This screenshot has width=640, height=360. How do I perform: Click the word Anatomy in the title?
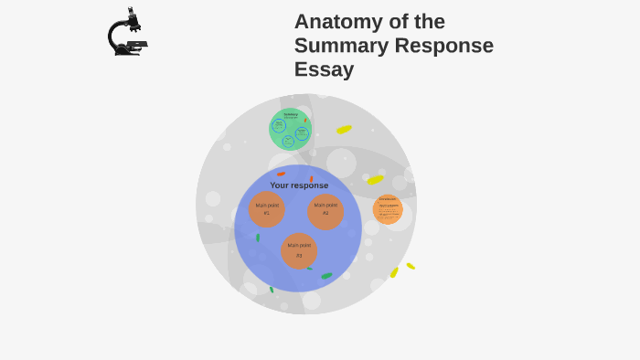pyautogui.click(x=343, y=22)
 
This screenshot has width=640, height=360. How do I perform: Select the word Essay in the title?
pyautogui.click(x=324, y=69)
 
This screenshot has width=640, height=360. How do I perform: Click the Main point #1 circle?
pyautogui.click(x=267, y=209)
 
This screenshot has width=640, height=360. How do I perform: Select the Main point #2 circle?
pyautogui.click(x=325, y=209)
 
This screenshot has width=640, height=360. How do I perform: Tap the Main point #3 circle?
pyautogui.click(x=299, y=250)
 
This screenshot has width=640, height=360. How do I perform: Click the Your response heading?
pyautogui.click(x=299, y=185)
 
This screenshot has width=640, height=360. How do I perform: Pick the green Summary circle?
pyautogui.click(x=291, y=129)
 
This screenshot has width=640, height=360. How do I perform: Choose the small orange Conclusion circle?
pyautogui.click(x=388, y=209)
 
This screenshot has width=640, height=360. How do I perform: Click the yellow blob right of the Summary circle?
pyautogui.click(x=344, y=130)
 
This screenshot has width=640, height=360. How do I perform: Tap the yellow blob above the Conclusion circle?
pyautogui.click(x=375, y=180)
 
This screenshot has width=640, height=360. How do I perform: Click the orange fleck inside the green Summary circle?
pyautogui.click(x=305, y=120)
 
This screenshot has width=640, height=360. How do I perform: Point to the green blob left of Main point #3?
pyautogui.click(x=258, y=238)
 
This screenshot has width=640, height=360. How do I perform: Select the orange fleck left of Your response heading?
pyautogui.click(x=281, y=174)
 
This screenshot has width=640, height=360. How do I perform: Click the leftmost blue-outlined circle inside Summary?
pyautogui.click(x=279, y=126)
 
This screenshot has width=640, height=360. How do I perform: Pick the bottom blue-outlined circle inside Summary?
pyautogui.click(x=288, y=141)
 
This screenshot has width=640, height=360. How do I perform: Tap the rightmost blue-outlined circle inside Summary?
pyautogui.click(x=302, y=133)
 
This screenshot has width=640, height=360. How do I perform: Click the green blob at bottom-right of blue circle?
pyautogui.click(x=326, y=276)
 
